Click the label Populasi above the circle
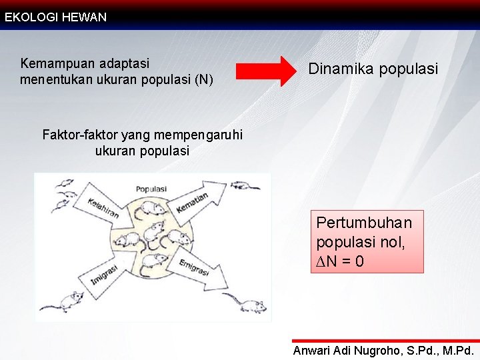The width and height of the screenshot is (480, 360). [151, 189]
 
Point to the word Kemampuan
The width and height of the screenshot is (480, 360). [57, 64]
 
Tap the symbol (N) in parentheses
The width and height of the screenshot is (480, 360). [204, 81]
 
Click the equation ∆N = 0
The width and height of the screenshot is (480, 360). [340, 261]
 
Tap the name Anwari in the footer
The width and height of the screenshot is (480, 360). [315, 351]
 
